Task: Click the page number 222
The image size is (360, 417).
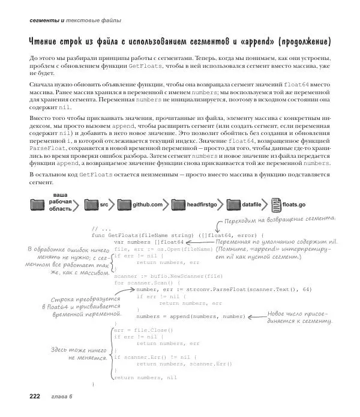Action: point(31,395)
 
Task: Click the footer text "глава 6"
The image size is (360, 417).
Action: point(62,396)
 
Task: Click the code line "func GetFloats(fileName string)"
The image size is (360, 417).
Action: point(144,234)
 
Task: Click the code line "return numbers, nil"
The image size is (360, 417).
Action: point(145,377)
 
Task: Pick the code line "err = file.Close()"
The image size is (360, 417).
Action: point(143,330)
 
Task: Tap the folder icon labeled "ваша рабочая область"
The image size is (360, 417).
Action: point(38,205)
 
